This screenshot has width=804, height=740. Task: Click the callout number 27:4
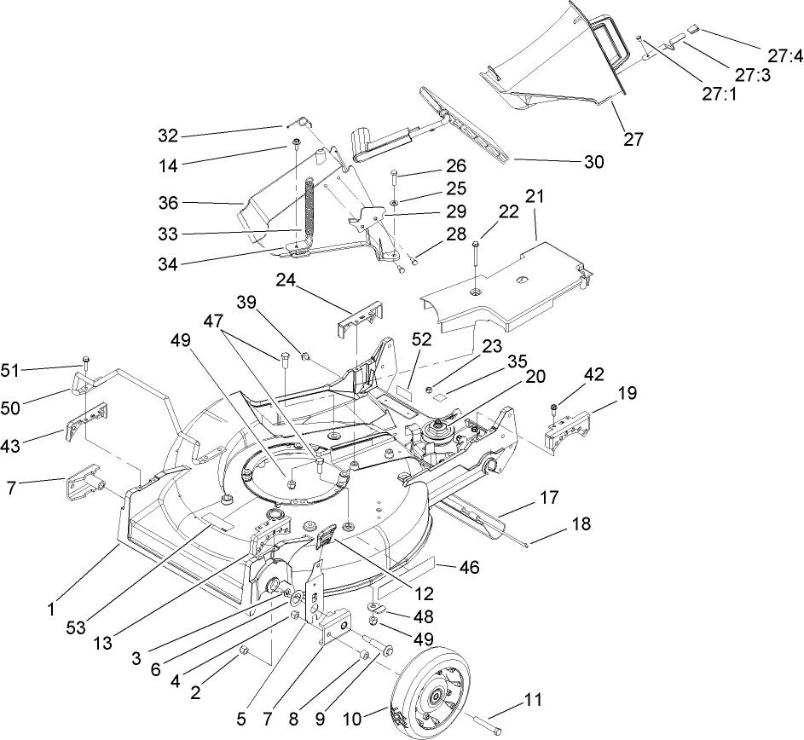pos(784,57)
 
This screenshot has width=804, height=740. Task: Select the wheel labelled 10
pos(431,691)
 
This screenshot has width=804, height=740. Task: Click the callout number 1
pos(50,609)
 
